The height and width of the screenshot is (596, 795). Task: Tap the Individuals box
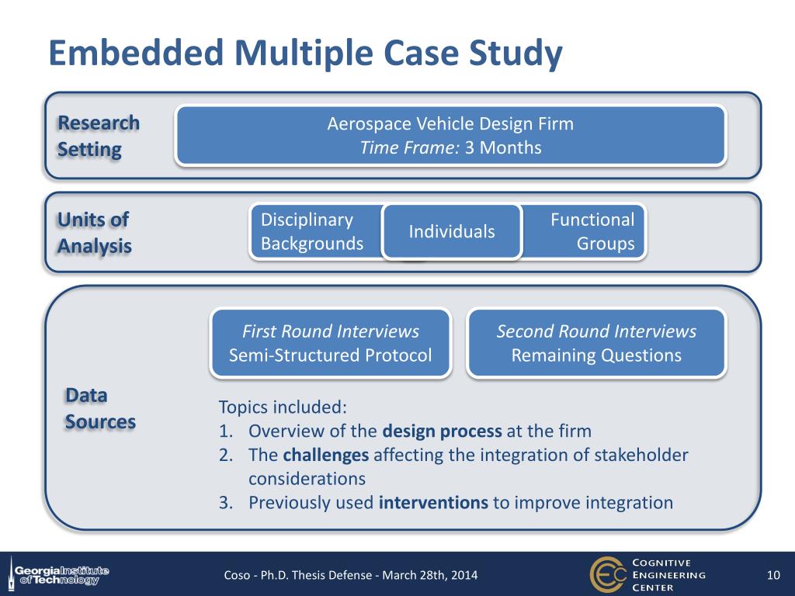pos(452,232)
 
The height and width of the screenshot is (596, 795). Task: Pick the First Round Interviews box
pos(331,343)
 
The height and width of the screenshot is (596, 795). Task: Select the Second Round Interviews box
pos(596,343)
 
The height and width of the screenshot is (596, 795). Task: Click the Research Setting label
pos(99,136)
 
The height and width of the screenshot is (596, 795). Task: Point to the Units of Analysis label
pos(94,233)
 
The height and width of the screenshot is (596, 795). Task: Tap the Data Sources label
pos(100,408)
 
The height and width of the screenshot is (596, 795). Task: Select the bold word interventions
pos(433,502)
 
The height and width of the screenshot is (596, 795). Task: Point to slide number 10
pos(772,575)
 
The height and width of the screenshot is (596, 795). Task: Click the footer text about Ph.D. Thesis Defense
pos(351,575)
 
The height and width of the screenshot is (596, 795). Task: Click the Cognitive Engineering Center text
pos(669,575)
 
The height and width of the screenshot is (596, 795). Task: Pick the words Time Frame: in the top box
pos(410,147)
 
